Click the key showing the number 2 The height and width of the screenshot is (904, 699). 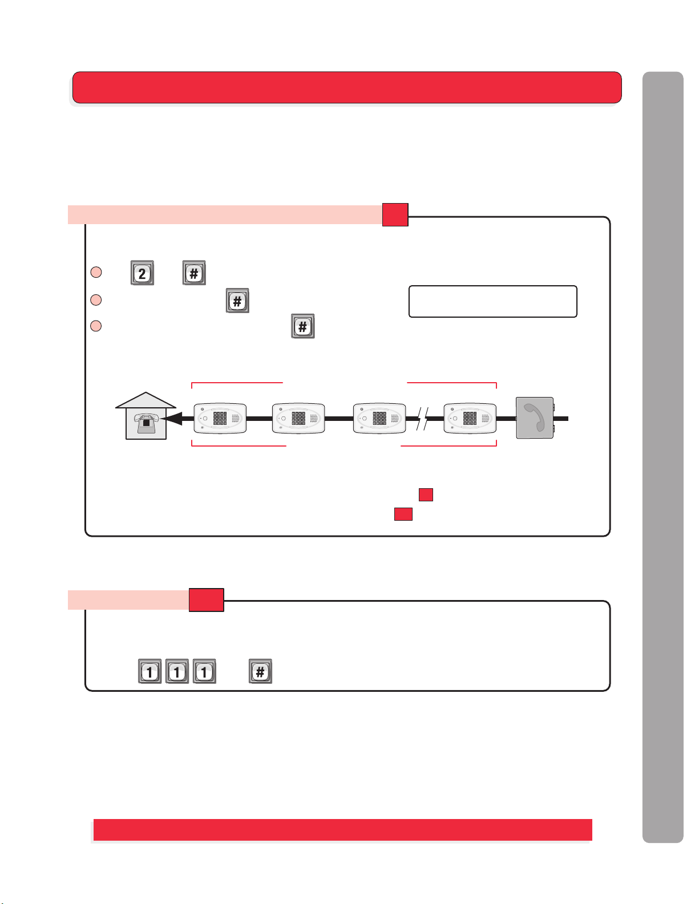(x=142, y=273)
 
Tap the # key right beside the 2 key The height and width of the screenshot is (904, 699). (x=194, y=273)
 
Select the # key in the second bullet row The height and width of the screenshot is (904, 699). (x=237, y=301)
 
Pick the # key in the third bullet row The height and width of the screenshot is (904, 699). (x=303, y=326)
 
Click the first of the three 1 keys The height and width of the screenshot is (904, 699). (x=150, y=671)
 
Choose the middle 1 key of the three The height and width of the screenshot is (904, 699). (x=177, y=671)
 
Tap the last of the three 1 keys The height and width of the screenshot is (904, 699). (x=204, y=671)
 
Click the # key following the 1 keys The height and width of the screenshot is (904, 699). (x=260, y=671)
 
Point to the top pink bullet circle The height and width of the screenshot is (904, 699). (x=96, y=272)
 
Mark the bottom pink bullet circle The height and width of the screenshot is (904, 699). (x=96, y=326)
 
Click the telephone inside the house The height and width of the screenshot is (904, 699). (x=146, y=423)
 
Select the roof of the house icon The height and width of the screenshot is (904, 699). (x=146, y=400)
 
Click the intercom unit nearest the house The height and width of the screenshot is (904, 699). (x=220, y=418)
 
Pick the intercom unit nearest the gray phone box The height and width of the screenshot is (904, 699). (x=470, y=418)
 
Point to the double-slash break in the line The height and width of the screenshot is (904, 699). (x=422, y=419)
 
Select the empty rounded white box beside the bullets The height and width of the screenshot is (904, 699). (x=492, y=302)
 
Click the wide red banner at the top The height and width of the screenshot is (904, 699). (x=347, y=87)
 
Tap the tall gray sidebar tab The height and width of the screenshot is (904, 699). (x=663, y=457)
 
